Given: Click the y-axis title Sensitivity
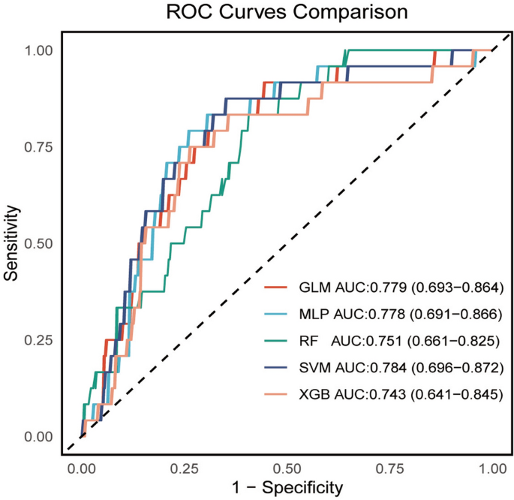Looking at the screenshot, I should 11,242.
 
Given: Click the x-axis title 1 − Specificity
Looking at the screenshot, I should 287,486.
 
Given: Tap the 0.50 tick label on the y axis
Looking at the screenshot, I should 40,243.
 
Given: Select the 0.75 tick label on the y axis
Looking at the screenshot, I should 40,146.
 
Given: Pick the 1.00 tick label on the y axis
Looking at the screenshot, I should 40,50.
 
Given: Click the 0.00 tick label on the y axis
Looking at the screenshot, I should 40,436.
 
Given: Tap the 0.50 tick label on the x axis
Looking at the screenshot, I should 287,467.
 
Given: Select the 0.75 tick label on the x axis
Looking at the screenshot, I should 389,467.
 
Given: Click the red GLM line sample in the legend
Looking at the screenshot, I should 278,288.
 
